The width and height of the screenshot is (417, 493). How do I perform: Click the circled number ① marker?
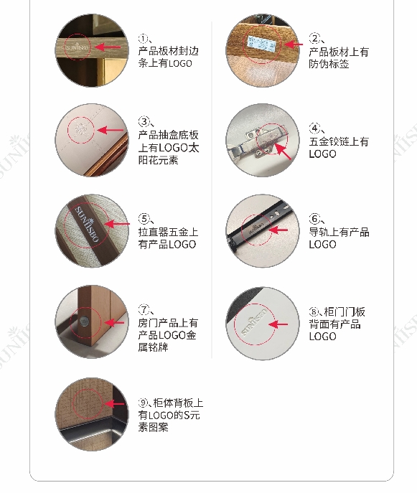(143, 39)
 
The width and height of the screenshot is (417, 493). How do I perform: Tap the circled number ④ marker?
(314, 128)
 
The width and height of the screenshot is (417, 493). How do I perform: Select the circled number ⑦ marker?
(144, 309)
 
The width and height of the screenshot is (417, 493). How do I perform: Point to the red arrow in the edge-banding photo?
(108, 47)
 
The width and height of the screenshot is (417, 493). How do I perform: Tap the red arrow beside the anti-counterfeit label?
(294, 44)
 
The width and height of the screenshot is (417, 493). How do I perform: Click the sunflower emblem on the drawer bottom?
(81, 129)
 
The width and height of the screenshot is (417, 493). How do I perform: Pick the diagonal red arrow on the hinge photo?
(283, 151)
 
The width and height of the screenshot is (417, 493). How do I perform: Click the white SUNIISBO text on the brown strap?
(87, 224)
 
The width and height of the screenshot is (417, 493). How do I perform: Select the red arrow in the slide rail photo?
(278, 230)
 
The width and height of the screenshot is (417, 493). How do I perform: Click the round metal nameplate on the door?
(84, 321)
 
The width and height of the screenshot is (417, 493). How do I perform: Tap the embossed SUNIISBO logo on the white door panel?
(254, 321)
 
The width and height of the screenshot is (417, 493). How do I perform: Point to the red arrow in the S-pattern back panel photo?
(114, 404)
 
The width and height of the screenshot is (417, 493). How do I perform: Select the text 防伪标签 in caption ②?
(329, 64)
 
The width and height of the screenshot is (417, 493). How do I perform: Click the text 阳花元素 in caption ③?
(158, 160)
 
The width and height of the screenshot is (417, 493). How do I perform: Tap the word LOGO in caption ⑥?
(323, 244)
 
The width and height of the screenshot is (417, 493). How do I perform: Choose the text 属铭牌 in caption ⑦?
(153, 347)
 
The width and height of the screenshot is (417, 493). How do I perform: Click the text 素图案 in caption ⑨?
(153, 427)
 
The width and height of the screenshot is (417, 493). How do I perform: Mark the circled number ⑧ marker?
(314, 311)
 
